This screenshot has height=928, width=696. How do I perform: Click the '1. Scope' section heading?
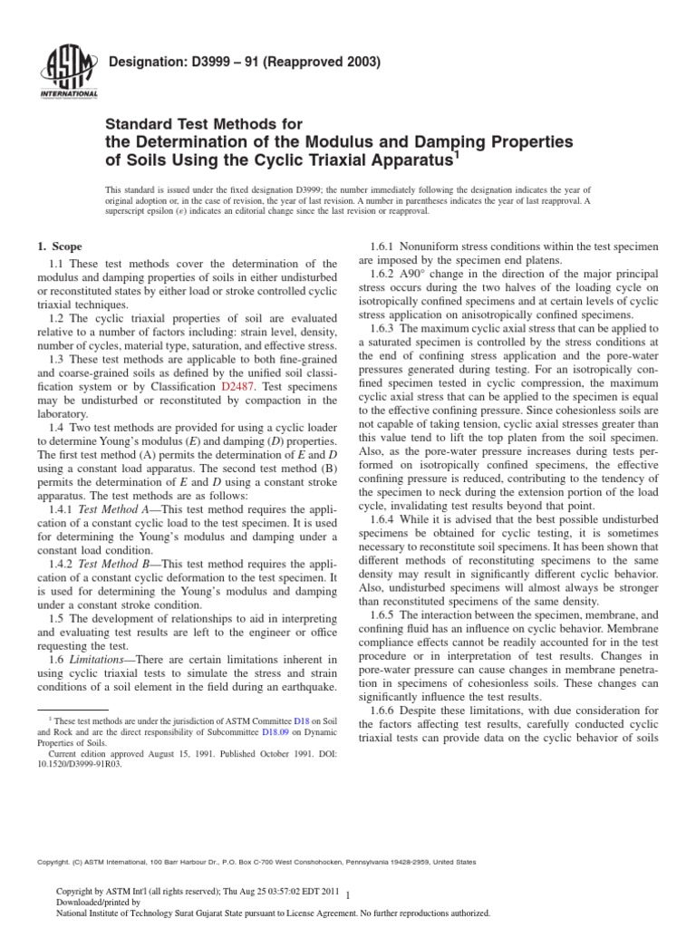(x=58, y=246)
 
